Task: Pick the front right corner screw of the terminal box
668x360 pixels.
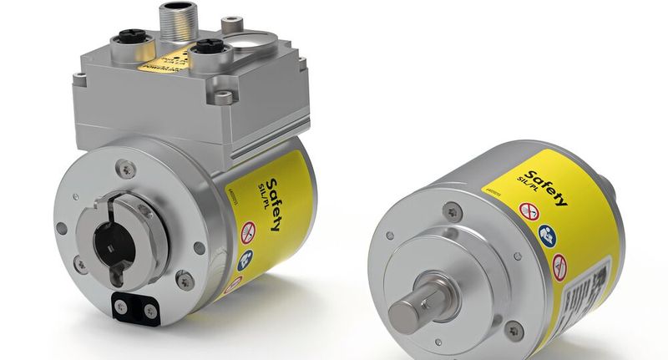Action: tap(222, 98)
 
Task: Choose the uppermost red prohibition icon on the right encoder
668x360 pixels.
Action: tap(529, 212)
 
